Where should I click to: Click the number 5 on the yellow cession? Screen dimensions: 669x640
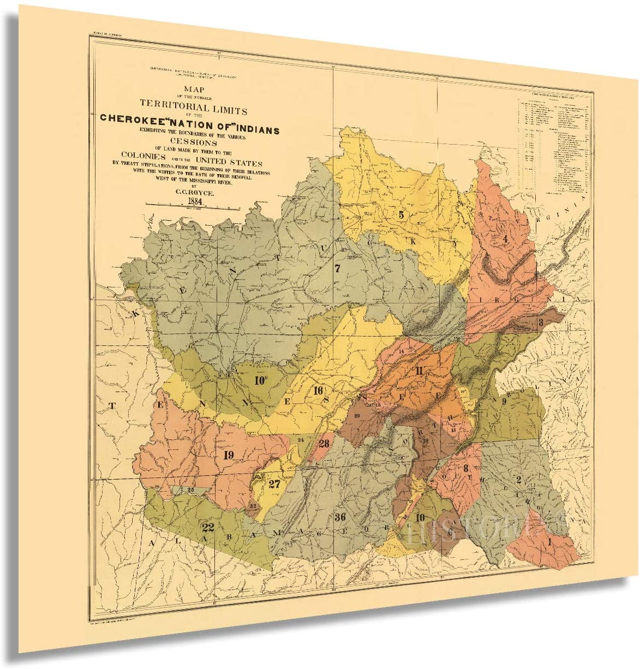coord(401,215)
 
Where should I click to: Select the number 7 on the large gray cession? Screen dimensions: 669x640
coord(337,268)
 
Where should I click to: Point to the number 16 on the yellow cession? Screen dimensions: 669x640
coord(318,390)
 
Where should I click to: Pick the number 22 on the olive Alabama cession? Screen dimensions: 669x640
coord(207,527)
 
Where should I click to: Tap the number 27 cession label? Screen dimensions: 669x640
coord(274,483)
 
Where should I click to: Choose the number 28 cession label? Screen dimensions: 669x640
coord(324,443)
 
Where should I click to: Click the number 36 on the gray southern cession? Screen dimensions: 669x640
coord(341,517)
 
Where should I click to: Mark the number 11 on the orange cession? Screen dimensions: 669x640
coord(419,372)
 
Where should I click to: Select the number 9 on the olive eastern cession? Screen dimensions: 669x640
coord(504,401)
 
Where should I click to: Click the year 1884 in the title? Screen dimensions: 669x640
coord(195,200)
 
